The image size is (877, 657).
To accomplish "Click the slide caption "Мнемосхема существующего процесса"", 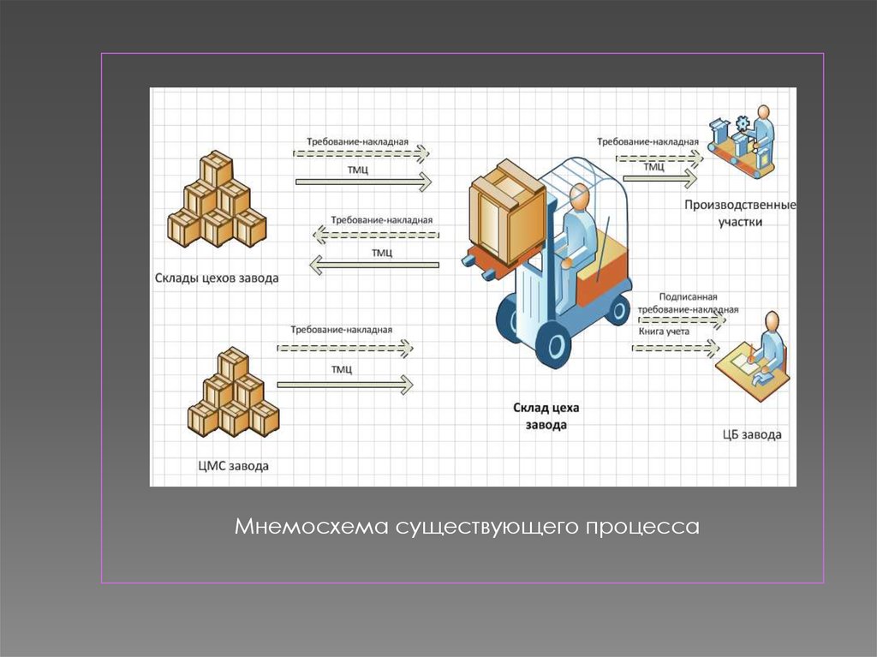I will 468,525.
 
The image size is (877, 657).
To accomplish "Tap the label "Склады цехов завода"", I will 217,278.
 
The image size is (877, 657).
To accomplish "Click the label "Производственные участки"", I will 740,212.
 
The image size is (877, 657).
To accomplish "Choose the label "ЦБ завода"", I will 752,434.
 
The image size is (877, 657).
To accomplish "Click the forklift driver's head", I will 580,196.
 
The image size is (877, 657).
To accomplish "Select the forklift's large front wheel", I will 552,345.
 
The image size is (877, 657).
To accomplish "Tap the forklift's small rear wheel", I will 617,308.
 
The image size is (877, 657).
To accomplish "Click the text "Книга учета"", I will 663,330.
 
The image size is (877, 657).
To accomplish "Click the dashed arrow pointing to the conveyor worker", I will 659,157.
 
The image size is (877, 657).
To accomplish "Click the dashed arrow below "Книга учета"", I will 675,347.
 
